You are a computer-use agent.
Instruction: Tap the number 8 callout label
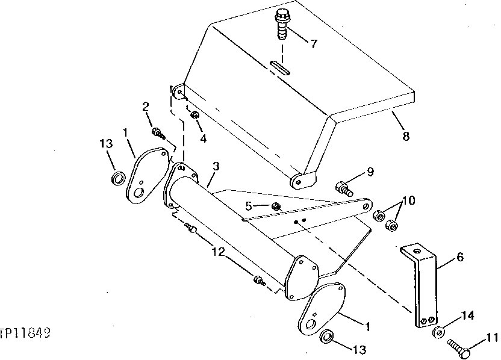point(406,136)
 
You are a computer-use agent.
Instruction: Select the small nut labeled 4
point(195,115)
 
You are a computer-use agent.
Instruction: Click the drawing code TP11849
point(25,332)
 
